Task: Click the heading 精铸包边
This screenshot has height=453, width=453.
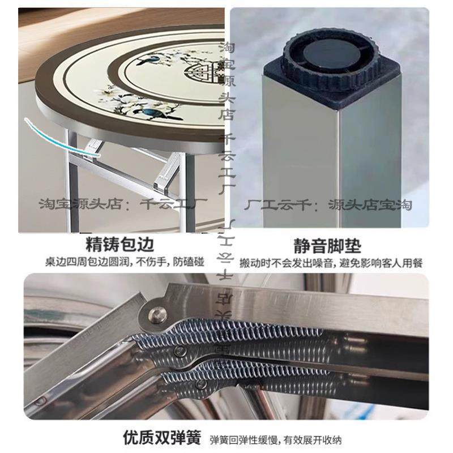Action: [x=119, y=245]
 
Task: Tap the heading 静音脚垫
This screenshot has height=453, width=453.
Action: [x=327, y=245]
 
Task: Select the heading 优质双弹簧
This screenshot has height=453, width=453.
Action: [x=162, y=438]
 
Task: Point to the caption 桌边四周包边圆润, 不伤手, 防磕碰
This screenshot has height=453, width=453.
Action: [x=119, y=263]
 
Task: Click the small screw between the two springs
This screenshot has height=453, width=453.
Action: [x=180, y=352]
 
